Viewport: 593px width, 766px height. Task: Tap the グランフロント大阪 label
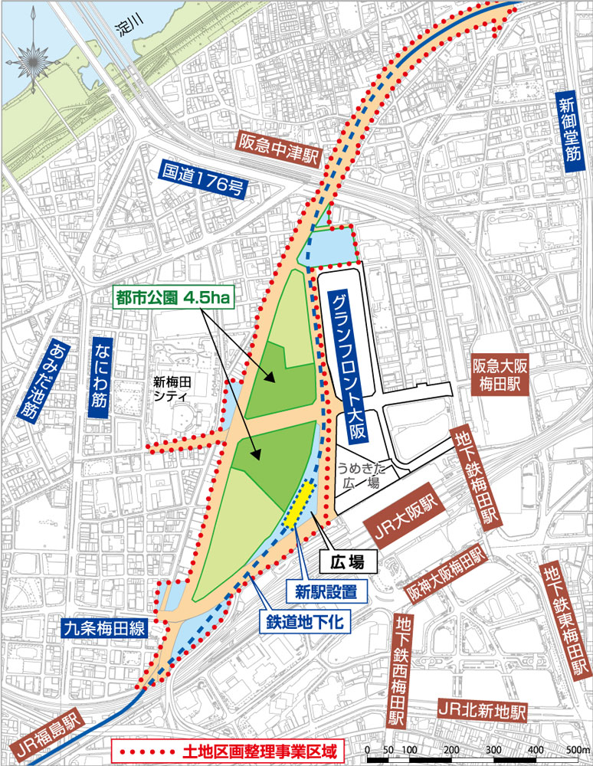(344, 365)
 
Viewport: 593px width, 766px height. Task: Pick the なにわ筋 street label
(100, 376)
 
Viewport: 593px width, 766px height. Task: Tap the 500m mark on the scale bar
(578, 748)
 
